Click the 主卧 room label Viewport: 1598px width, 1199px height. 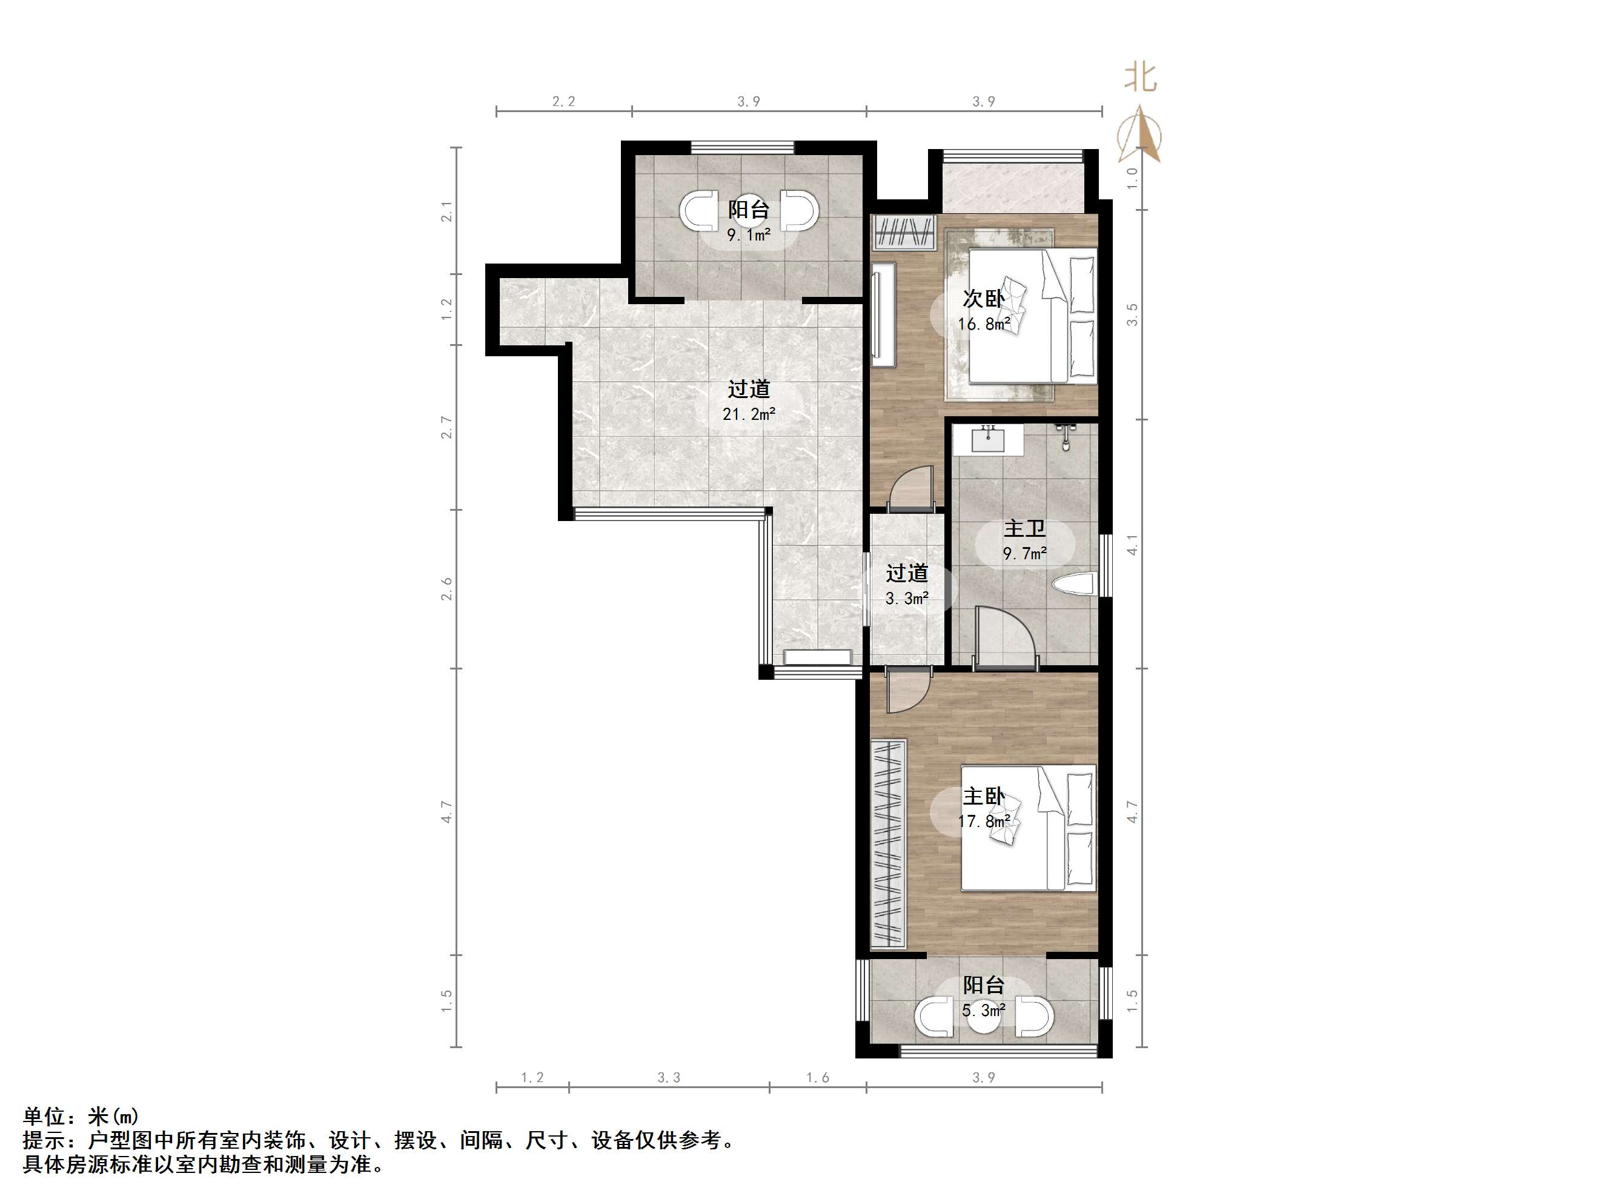click(983, 797)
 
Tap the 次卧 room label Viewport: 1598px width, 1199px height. click(983, 299)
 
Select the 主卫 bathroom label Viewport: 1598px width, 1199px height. click(1024, 528)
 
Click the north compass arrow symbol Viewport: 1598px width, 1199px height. click(1140, 135)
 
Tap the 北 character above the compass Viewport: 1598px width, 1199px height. click(1140, 78)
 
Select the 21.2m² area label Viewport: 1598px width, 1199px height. click(749, 414)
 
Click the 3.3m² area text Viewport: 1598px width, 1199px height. click(907, 599)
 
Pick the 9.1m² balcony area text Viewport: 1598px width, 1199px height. click(749, 235)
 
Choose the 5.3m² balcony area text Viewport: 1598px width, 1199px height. click(983, 1011)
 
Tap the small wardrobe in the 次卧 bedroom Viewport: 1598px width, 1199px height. click(903, 232)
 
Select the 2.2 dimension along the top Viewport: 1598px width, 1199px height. click(563, 102)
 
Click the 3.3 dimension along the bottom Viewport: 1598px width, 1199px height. click(669, 1078)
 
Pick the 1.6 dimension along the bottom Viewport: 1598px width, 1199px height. click(817, 1078)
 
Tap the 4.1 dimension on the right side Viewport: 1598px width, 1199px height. click(1132, 544)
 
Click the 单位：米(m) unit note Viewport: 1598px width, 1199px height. click(81, 1117)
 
